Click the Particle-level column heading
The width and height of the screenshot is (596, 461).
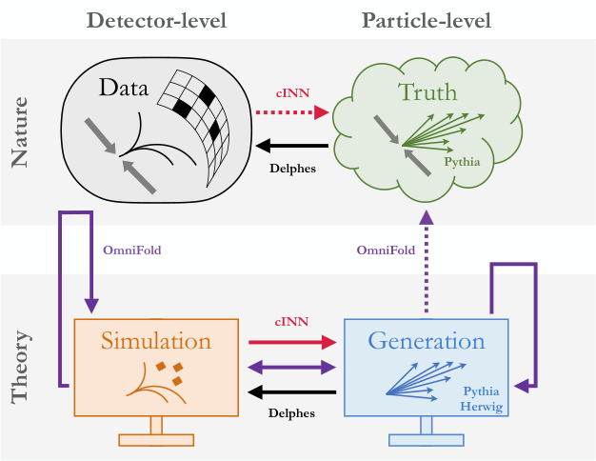click(x=427, y=19)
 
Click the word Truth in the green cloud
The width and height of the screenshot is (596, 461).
click(x=427, y=92)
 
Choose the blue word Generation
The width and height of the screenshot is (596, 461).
click(x=427, y=341)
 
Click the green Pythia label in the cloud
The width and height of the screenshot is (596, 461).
click(x=462, y=162)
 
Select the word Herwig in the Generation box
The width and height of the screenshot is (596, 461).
click(x=482, y=407)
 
